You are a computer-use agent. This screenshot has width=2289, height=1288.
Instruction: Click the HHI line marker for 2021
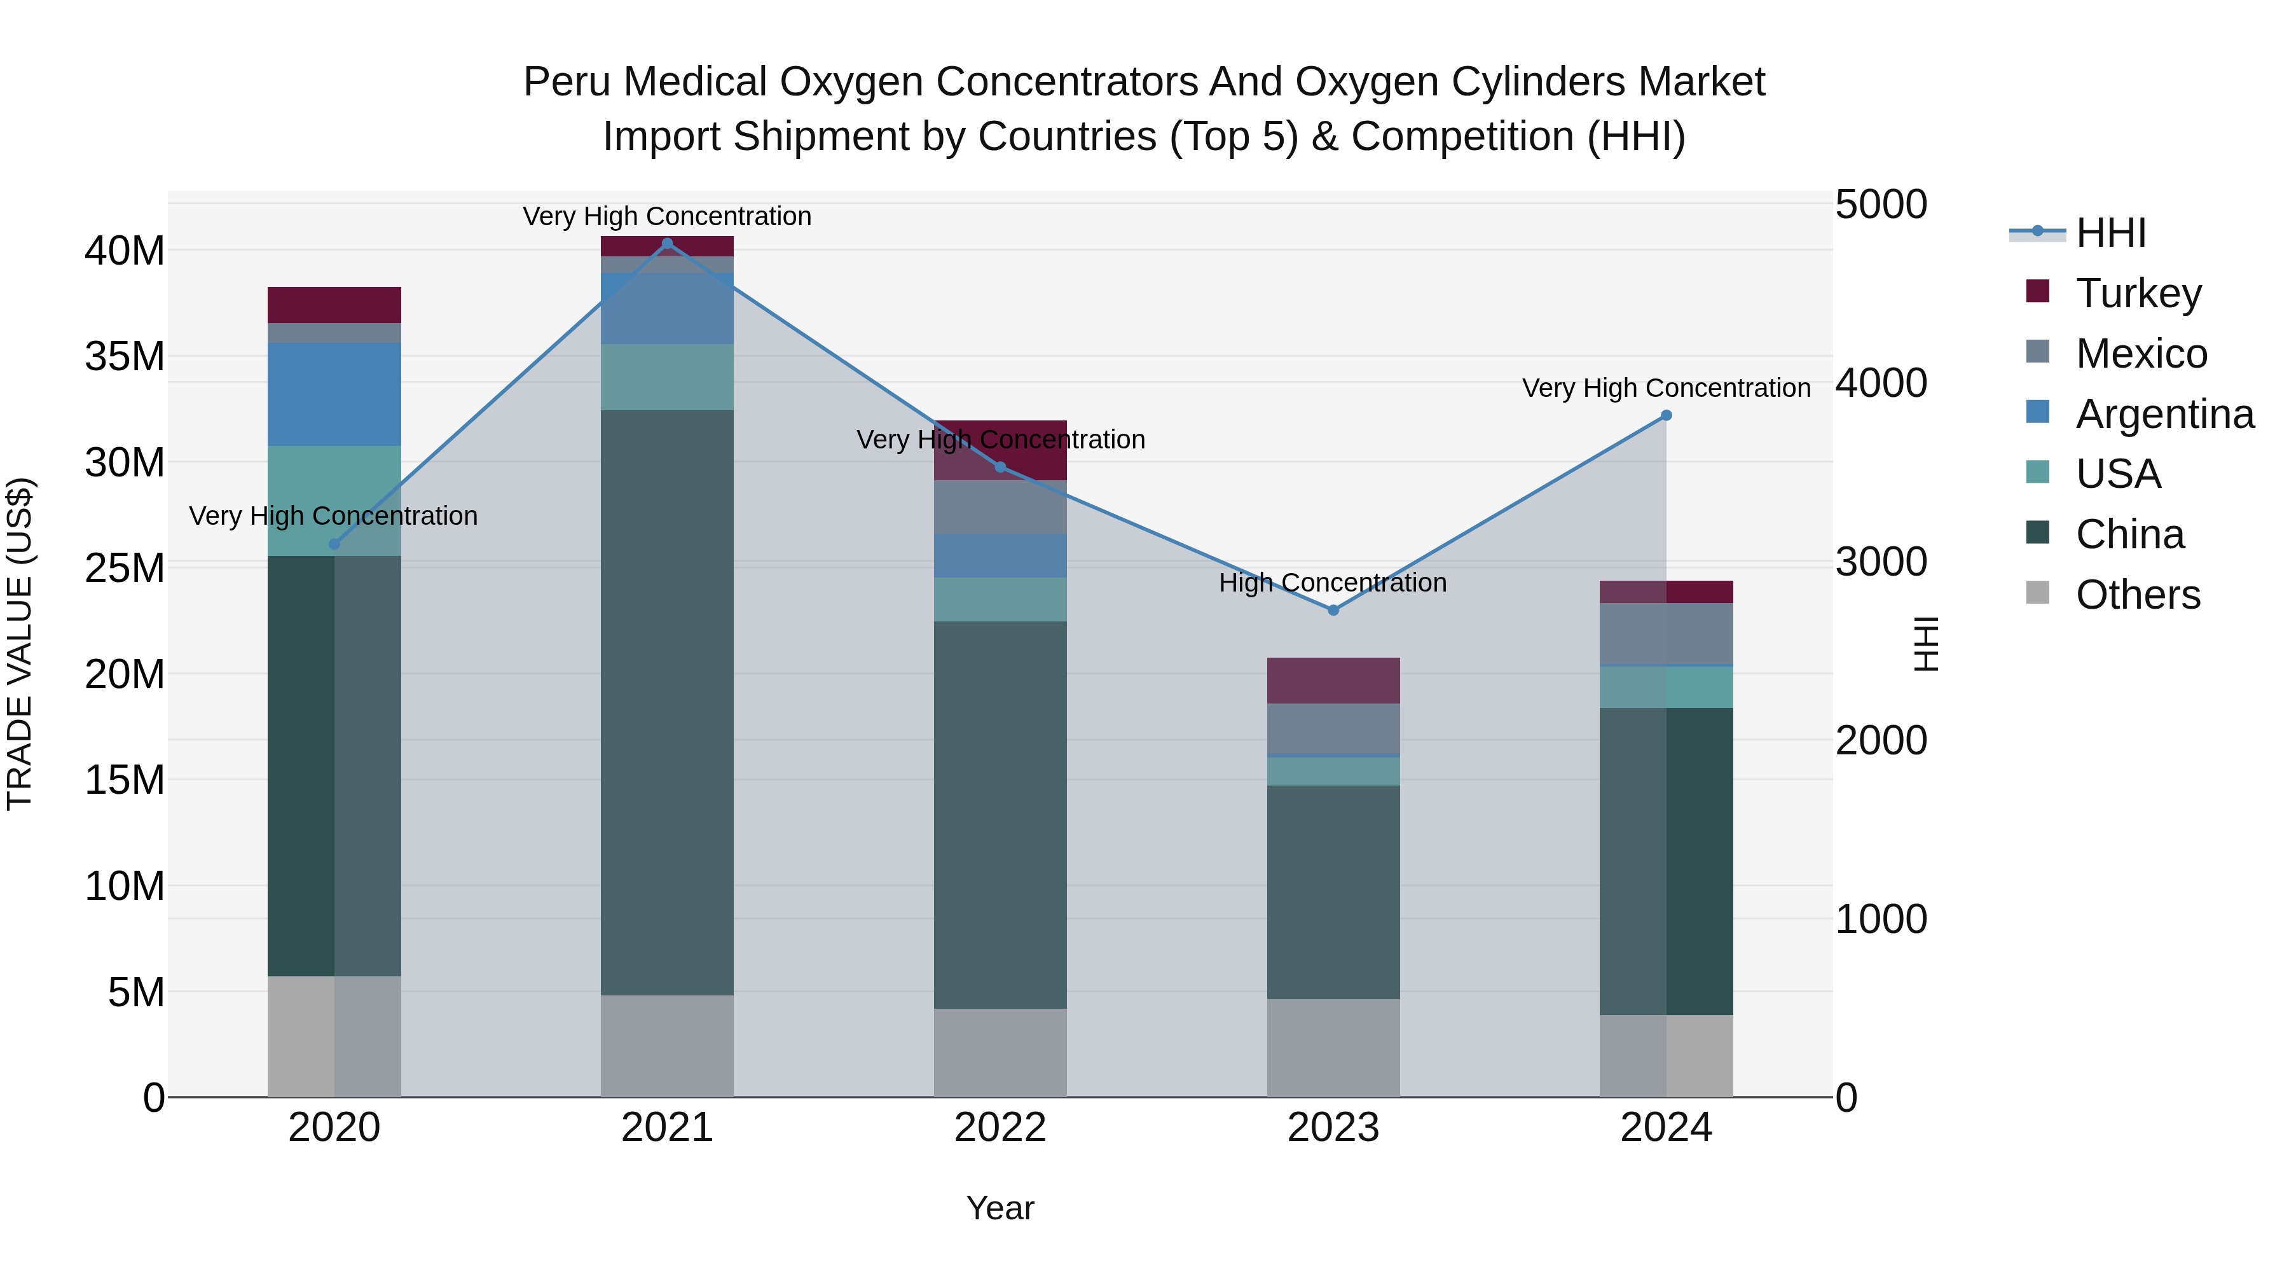point(668,244)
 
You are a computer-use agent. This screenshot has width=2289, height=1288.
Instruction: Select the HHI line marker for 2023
point(1333,610)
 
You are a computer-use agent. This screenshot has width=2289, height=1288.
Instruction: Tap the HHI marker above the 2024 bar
point(1666,415)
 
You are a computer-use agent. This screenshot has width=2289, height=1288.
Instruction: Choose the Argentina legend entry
point(2164,414)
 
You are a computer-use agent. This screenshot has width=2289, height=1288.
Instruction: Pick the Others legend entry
point(2137,595)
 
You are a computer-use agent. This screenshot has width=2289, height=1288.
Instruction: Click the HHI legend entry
point(2110,233)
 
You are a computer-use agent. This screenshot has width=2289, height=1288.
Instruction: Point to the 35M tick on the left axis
point(125,356)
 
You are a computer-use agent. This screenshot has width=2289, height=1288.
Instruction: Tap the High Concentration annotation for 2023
point(1333,583)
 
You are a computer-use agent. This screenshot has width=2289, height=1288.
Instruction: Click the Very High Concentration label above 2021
point(668,217)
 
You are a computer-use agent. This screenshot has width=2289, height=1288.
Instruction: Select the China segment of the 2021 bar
point(668,702)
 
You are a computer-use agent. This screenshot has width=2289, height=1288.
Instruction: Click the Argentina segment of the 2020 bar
point(334,394)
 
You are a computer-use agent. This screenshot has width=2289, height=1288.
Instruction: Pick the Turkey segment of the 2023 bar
point(1333,680)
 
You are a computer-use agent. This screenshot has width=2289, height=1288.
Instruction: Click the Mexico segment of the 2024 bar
point(1666,633)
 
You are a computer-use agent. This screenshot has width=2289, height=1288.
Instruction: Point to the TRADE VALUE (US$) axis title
point(20,644)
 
